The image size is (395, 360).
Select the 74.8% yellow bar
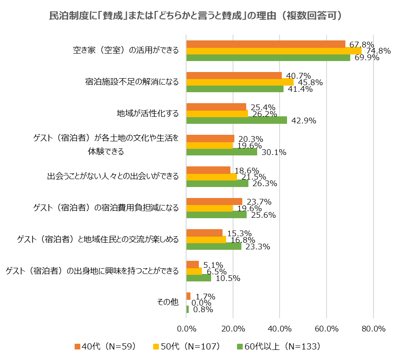click(x=274, y=50)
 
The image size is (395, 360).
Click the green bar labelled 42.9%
click(x=237, y=120)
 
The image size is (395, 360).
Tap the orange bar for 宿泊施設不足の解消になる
click(x=234, y=75)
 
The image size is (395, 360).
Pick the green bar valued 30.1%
click(x=222, y=152)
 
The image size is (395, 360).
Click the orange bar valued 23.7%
click(x=214, y=202)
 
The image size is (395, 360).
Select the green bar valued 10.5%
click(x=199, y=278)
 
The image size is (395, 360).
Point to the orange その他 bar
click(x=188, y=296)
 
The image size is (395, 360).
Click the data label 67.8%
click(x=362, y=44)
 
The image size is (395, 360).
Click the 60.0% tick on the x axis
click(x=327, y=329)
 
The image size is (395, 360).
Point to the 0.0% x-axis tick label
click(x=187, y=329)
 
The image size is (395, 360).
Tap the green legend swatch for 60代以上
click(x=240, y=346)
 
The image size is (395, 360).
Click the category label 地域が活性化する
click(x=147, y=114)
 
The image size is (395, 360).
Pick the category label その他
click(x=168, y=302)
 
